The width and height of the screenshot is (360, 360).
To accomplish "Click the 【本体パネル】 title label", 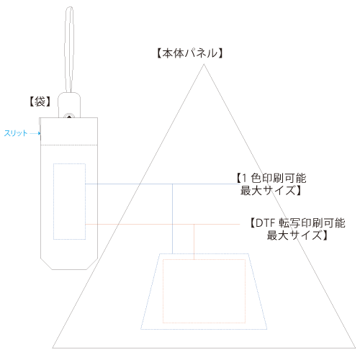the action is point(190,53).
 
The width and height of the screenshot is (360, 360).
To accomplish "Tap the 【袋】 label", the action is point(40,102).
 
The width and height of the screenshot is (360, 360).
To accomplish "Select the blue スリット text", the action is point(16,133).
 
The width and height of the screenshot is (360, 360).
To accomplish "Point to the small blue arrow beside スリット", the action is point(35,133).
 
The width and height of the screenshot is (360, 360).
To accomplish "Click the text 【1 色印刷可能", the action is point(271,178).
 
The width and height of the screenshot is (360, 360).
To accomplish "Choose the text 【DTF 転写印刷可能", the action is point(297,223).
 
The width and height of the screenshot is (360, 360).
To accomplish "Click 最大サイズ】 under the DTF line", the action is point(297,235).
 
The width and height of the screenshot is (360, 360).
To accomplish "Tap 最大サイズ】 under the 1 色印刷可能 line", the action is point(271,190).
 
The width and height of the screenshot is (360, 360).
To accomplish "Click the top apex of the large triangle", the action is point(204,64).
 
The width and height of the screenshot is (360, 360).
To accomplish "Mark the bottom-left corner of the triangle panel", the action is point(53,348).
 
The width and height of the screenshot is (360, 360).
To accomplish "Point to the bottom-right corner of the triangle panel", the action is point(355,348).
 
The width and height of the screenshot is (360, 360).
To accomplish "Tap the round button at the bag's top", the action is point(69,117).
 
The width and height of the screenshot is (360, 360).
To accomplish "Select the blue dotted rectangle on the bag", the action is point(53,202).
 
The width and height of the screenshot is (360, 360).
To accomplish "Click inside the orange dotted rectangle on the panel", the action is point(204,291).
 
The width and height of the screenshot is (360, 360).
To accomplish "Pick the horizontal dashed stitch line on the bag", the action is point(69,145).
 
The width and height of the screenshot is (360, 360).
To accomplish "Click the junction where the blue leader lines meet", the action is point(172,184).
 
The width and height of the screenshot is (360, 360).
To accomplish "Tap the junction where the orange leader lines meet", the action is point(194,225).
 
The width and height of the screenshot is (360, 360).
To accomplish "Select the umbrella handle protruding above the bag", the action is point(69,102).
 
